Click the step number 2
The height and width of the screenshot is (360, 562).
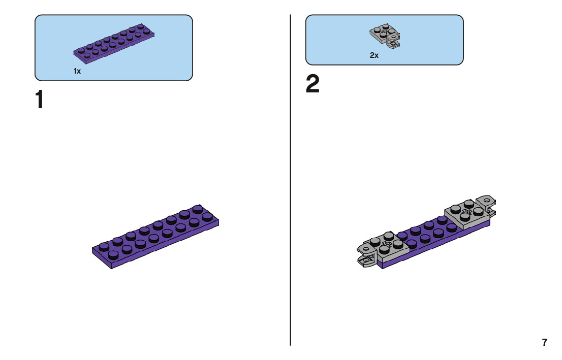[x=313, y=84]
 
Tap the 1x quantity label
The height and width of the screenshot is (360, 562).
[x=77, y=72]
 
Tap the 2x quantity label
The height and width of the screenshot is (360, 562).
[x=374, y=55]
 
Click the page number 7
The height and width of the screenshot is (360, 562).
[x=545, y=342]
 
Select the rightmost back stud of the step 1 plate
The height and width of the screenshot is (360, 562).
[x=198, y=208]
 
